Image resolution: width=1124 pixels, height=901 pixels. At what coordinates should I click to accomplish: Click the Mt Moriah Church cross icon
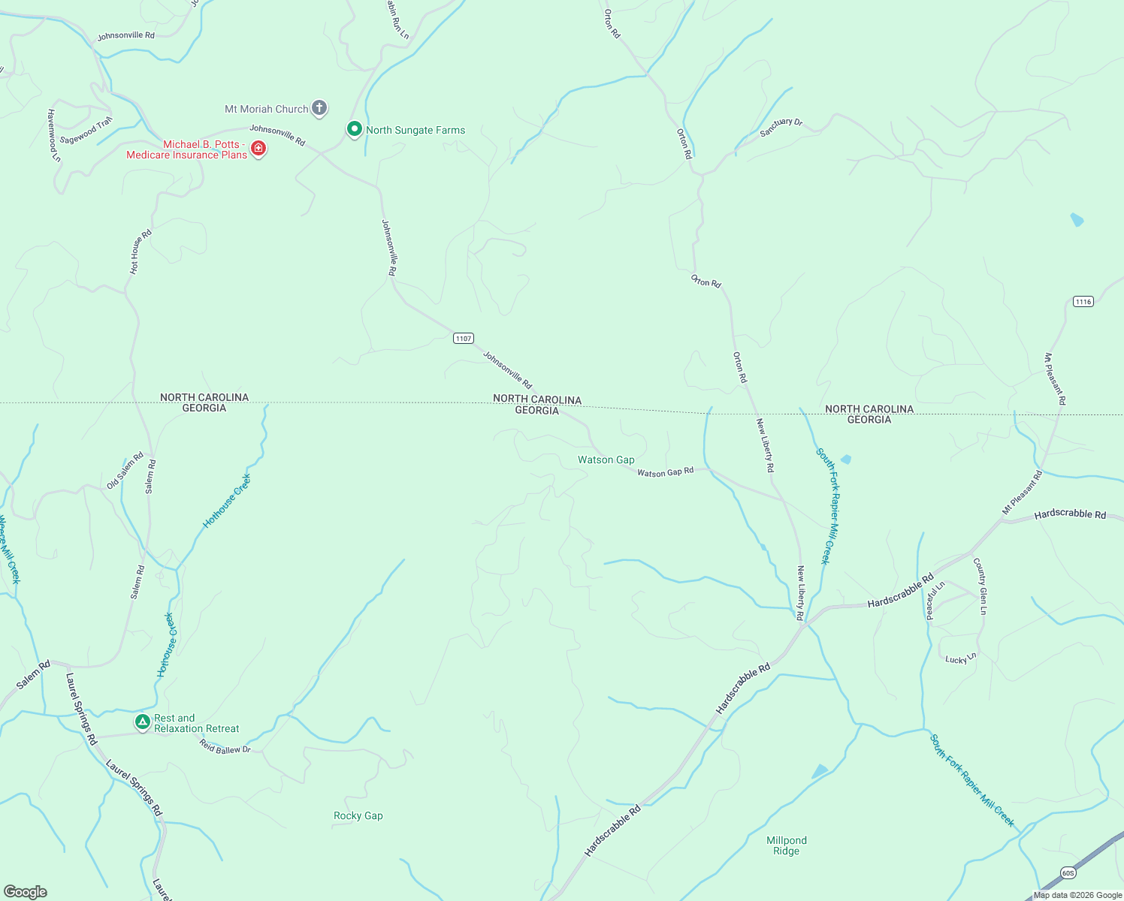tap(319, 108)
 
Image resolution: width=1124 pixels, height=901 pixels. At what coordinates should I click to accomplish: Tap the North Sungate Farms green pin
tap(354, 129)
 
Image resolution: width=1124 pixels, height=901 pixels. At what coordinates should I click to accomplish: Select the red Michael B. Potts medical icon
tap(258, 149)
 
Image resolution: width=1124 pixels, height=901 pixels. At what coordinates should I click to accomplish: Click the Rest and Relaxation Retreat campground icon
tap(142, 722)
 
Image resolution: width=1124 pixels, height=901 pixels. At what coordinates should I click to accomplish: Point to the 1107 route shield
tap(464, 339)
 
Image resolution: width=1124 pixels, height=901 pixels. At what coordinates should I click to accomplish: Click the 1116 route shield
tap(1083, 302)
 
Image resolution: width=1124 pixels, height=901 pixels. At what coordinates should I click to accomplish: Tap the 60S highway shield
tap(1068, 872)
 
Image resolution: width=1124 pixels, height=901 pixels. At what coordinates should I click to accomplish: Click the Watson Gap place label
tap(606, 460)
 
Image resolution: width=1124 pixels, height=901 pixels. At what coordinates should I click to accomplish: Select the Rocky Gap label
tap(358, 815)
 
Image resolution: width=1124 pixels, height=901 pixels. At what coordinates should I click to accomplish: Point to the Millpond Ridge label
tap(786, 845)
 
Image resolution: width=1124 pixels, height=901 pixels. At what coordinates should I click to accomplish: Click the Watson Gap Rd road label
tap(665, 472)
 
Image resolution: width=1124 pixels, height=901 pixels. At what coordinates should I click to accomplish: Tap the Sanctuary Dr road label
tap(781, 127)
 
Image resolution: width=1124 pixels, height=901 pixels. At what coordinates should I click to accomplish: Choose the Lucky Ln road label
tap(960, 658)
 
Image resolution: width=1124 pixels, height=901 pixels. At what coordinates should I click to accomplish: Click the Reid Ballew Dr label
tap(225, 748)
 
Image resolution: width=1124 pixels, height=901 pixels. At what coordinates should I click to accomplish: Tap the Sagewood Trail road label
tap(86, 131)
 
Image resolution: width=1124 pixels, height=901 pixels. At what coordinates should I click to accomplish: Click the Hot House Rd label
tap(140, 252)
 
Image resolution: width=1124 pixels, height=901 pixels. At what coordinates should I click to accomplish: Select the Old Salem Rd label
tap(125, 471)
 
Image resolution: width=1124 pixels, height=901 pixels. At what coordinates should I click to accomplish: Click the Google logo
tap(26, 892)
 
